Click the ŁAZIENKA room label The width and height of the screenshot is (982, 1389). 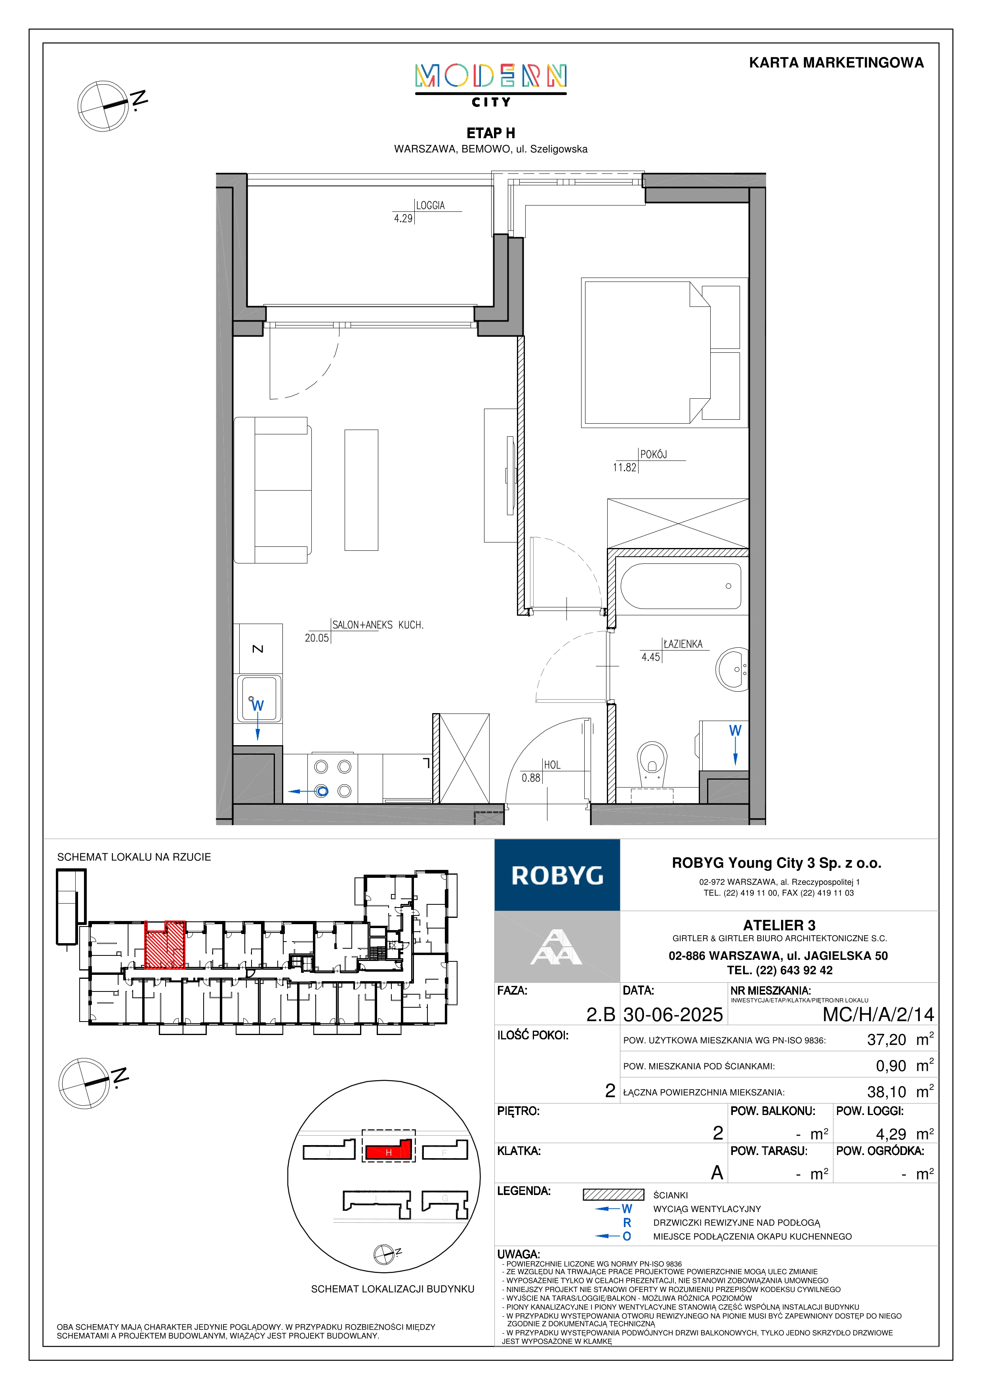[683, 644]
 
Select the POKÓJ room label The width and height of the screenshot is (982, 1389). [654, 454]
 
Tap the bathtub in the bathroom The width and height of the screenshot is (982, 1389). [681, 586]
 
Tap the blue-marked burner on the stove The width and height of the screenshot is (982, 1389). [321, 791]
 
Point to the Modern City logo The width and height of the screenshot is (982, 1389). [491, 85]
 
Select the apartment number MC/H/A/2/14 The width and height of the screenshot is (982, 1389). [878, 1014]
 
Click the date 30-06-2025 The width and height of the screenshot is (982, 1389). [673, 1014]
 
